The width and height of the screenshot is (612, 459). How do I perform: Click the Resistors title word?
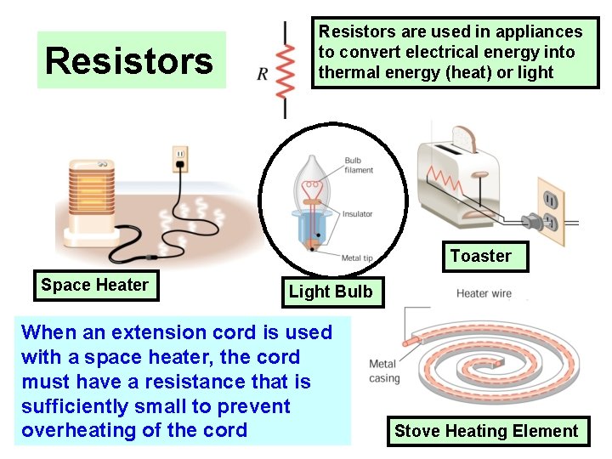coord(129,61)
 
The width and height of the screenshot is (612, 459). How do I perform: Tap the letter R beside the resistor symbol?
coord(263,74)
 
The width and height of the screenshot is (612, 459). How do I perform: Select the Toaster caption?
coord(481,256)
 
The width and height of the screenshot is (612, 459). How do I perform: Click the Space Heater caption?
coord(94,286)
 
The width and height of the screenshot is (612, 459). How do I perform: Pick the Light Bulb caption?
coord(331,292)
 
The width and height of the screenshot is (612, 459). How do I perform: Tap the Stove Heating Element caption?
coord(485,431)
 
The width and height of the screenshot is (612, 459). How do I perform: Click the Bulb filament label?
coord(359,166)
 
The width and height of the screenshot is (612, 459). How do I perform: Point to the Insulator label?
coord(357,214)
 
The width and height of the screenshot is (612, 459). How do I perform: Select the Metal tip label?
coord(356,258)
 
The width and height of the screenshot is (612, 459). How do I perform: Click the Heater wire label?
coord(484,294)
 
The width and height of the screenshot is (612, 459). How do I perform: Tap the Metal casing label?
coord(382,371)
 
